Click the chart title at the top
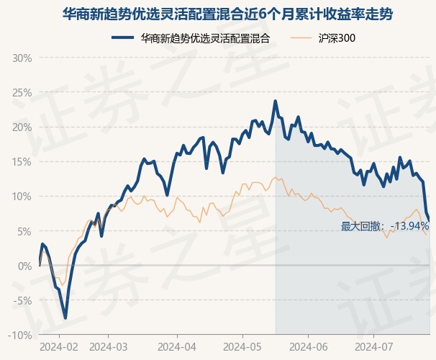227,14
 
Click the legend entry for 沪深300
323,38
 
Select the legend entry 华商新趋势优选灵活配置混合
191,38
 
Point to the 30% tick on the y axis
22,58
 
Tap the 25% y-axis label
22,93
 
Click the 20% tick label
22,127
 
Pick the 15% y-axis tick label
22,162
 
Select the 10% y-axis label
22,197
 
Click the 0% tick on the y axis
25,266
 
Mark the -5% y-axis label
24,300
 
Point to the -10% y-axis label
20,336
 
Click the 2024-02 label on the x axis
59,347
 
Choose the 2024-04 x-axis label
177,347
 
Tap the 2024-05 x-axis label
242,347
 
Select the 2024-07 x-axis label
374,347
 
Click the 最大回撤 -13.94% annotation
385,226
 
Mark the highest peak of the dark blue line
276,102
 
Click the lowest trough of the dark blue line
65,318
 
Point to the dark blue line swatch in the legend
122,38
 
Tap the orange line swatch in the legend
301,38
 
